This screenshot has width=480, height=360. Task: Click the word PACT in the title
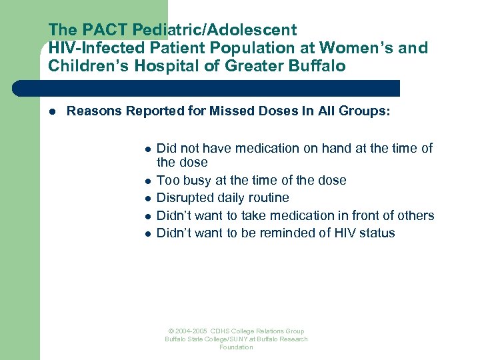click(100, 30)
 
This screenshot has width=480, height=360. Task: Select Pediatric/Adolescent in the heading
click(214, 30)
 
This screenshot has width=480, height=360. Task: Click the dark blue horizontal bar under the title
click(207, 88)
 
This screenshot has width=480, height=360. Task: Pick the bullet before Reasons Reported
click(51, 111)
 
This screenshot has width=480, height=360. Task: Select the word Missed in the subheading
click(233, 111)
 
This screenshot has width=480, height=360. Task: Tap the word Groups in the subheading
click(363, 111)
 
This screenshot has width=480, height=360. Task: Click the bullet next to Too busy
click(148, 181)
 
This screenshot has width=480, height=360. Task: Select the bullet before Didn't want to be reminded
click(148, 233)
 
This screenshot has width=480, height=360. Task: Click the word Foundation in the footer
click(237, 347)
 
